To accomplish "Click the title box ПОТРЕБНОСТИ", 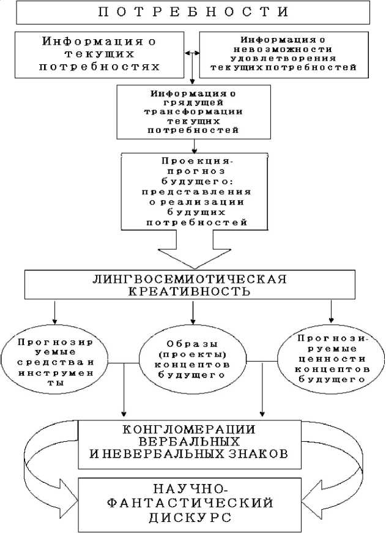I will coord(193,12).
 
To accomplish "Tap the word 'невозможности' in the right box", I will coord(286,48).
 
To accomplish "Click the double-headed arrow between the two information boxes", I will coord(193,54).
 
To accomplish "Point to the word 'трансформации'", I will coord(193,113).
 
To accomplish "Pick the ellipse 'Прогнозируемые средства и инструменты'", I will coord(48,362).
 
